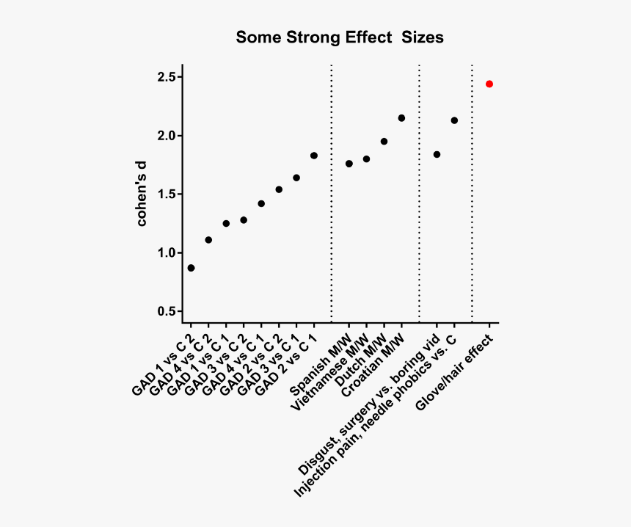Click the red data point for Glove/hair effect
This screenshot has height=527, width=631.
(489, 84)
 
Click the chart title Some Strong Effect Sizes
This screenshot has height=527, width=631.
(339, 37)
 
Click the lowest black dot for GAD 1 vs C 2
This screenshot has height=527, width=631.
(191, 268)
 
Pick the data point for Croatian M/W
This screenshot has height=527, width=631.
(401, 118)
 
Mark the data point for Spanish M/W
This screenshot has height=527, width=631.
(349, 164)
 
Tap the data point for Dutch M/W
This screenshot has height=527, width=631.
(384, 142)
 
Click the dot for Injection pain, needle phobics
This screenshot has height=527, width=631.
(454, 120)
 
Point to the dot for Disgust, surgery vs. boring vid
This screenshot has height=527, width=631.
(437, 155)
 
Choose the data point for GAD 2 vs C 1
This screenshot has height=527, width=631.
(314, 156)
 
